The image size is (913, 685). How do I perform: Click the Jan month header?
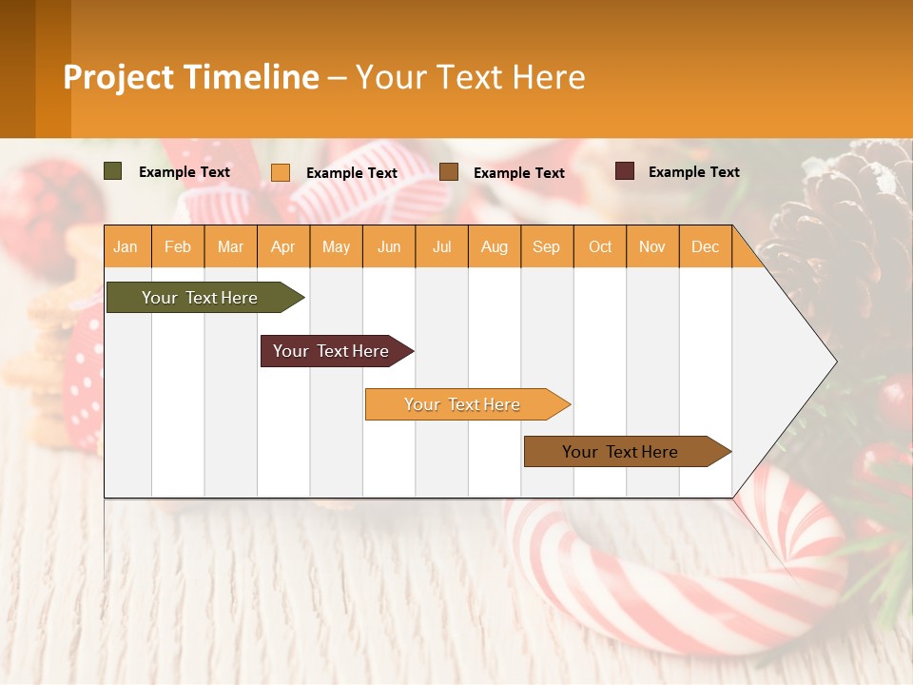click(126, 246)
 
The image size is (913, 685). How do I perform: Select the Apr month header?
click(283, 246)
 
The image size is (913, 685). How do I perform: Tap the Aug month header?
click(494, 246)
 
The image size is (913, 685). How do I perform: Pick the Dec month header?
click(705, 246)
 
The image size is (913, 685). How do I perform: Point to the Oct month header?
click(600, 246)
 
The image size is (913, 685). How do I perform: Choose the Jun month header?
click(389, 246)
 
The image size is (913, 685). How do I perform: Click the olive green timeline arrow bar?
click(200, 298)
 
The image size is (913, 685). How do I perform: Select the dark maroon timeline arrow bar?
click(331, 351)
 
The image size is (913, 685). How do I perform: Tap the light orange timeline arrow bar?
click(462, 404)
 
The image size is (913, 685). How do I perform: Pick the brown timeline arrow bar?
click(620, 452)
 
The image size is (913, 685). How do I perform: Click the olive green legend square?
click(113, 171)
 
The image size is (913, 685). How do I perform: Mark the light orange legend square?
click(281, 172)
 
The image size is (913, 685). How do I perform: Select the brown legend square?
click(449, 172)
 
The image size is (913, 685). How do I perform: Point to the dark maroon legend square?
click(625, 171)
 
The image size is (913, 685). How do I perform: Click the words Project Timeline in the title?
click(191, 77)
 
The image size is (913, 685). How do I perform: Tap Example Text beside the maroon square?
click(693, 172)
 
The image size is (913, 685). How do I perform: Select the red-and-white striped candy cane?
click(666, 580)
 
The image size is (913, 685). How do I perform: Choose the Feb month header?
click(178, 246)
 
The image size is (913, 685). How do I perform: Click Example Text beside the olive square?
click(185, 172)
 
